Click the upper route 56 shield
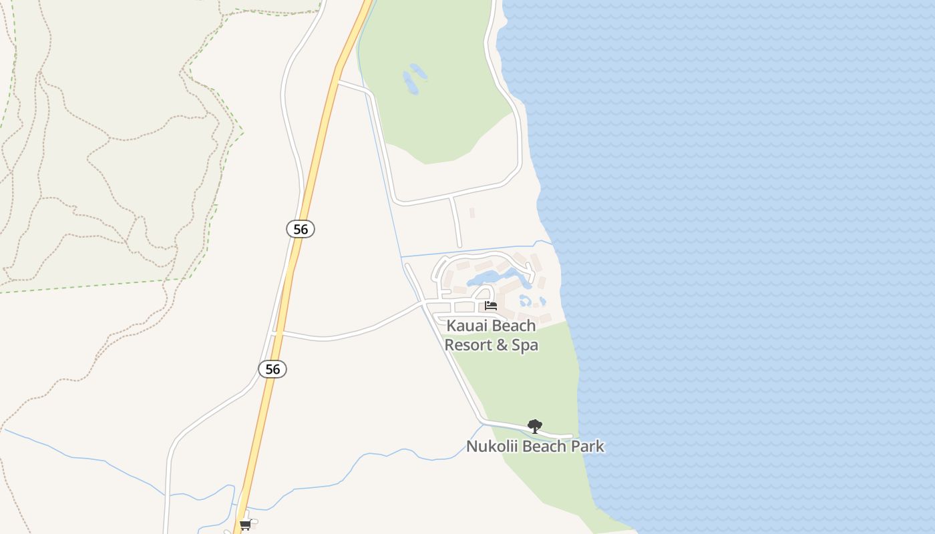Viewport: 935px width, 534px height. tap(301, 229)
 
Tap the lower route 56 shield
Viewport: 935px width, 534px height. tap(272, 369)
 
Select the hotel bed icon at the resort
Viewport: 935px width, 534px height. tap(491, 306)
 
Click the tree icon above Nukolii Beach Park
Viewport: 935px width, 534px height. tap(534, 426)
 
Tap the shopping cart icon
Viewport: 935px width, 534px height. tap(245, 525)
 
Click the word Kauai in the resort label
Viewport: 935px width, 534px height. tap(465, 326)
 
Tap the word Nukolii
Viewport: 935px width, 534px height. tap(491, 447)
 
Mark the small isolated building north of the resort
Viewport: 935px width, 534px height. tap(472, 213)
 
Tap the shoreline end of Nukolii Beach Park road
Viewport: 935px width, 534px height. tap(571, 437)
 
